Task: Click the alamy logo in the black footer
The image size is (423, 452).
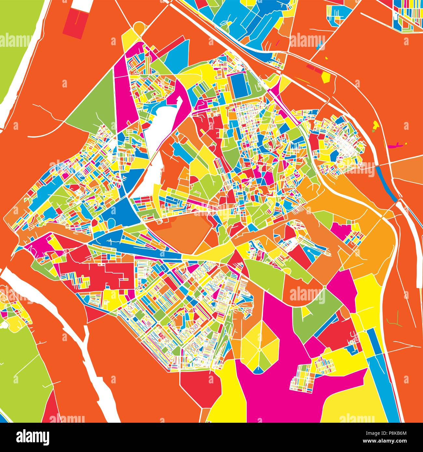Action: pyautogui.click(x=33, y=437)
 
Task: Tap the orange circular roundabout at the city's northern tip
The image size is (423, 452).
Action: pyautogui.click(x=139, y=27)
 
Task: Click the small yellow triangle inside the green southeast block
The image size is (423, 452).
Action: pyautogui.click(x=305, y=312)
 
